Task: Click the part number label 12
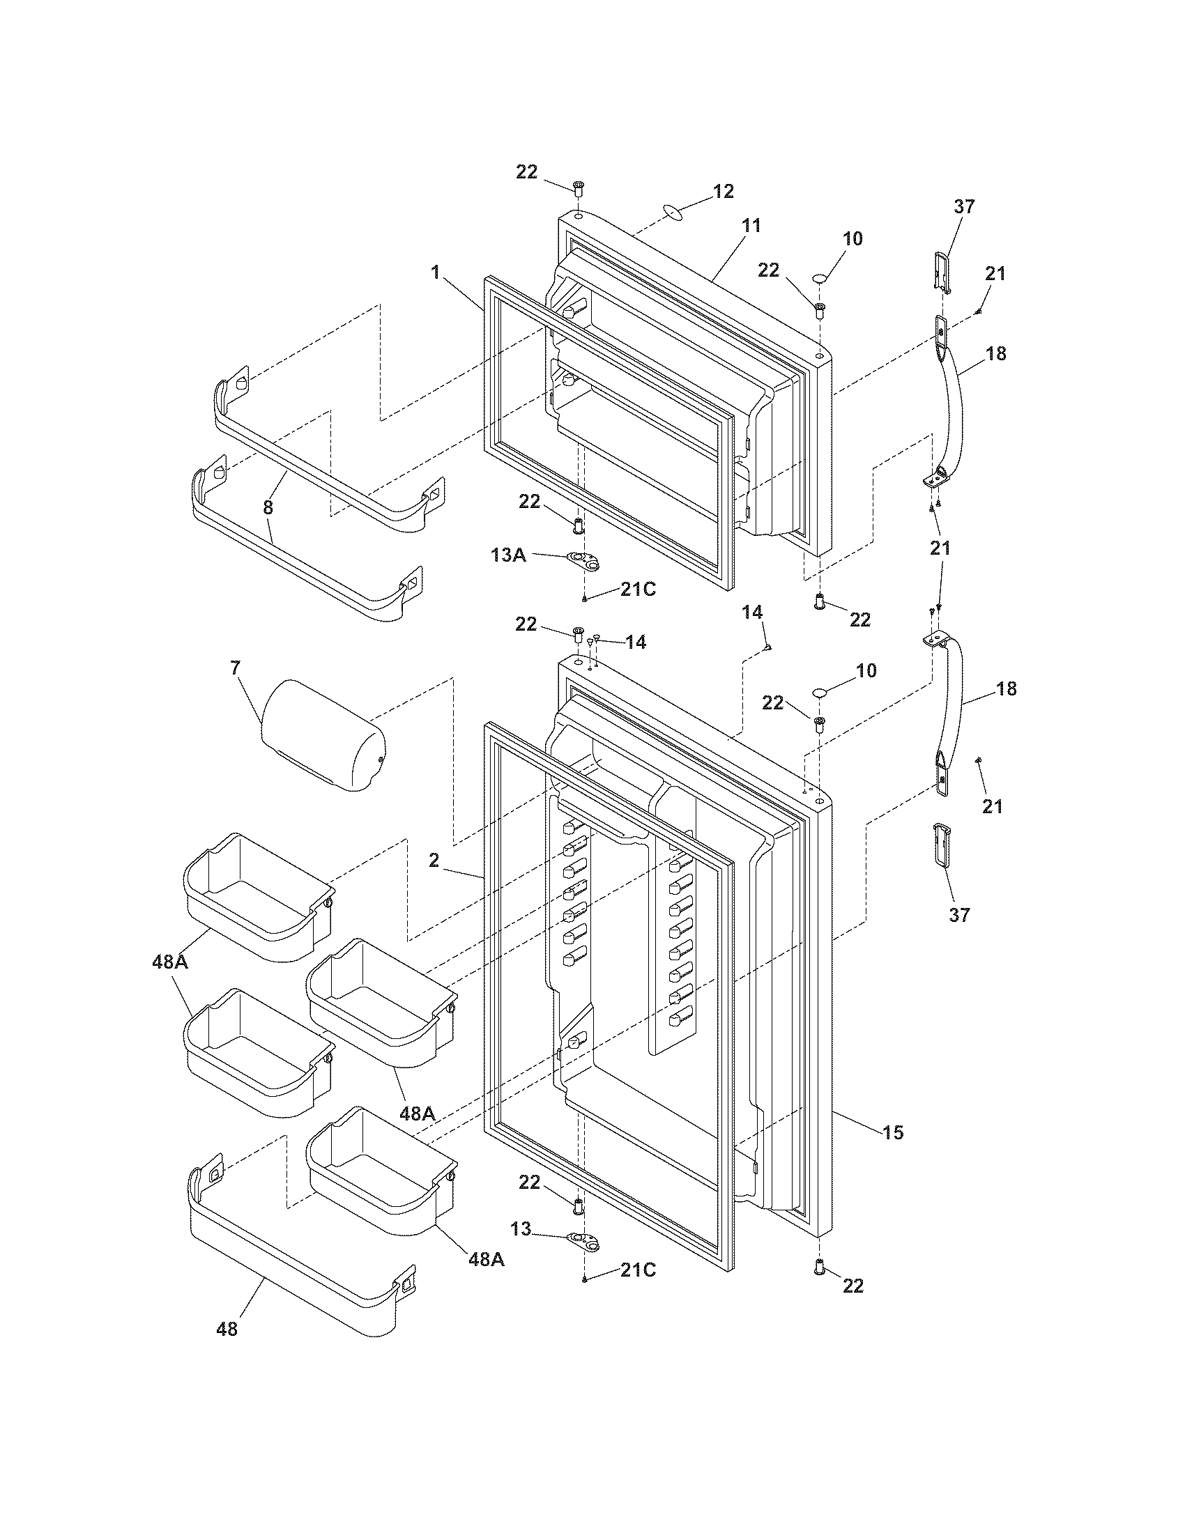[x=723, y=191]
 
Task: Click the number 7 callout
[x=234, y=668]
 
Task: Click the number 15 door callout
[x=893, y=1132]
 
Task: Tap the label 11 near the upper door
[x=751, y=226]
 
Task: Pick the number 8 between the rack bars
[x=268, y=507]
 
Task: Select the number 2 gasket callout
[x=434, y=860]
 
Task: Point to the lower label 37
[x=959, y=915]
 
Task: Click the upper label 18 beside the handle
[x=995, y=354]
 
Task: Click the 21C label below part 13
[x=637, y=1270]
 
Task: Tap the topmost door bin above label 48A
[x=258, y=895]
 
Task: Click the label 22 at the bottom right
[x=853, y=1286]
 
